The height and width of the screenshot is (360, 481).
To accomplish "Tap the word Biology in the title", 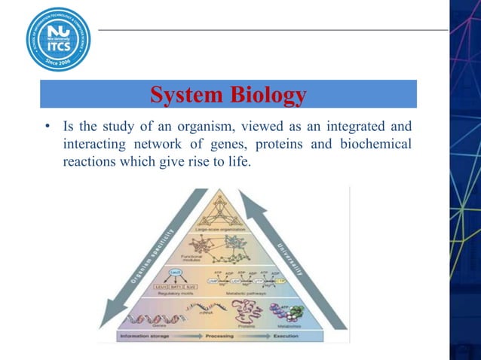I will click(x=269, y=96).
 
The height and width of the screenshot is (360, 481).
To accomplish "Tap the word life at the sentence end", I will click(x=234, y=161).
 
